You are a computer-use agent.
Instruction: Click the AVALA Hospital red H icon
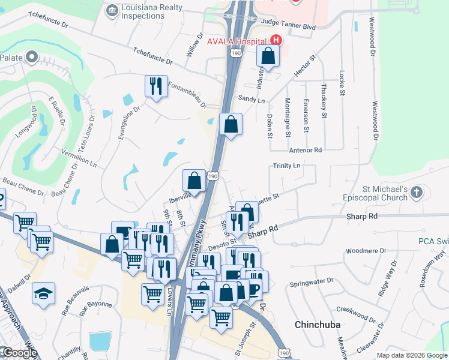[x=276, y=40]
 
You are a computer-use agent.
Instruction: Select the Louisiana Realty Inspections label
[x=151, y=10]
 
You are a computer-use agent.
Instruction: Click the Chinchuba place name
[x=318, y=325]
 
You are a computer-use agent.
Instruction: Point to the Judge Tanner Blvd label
[x=289, y=26]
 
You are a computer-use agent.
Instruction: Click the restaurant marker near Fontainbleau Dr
[x=155, y=86]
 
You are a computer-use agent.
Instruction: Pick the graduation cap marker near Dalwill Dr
[x=43, y=295]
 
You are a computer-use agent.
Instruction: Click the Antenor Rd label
[x=306, y=149]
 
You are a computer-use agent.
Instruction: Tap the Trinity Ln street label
[x=286, y=166]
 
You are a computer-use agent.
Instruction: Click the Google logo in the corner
[x=19, y=353]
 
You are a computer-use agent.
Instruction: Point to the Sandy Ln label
[x=252, y=100]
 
